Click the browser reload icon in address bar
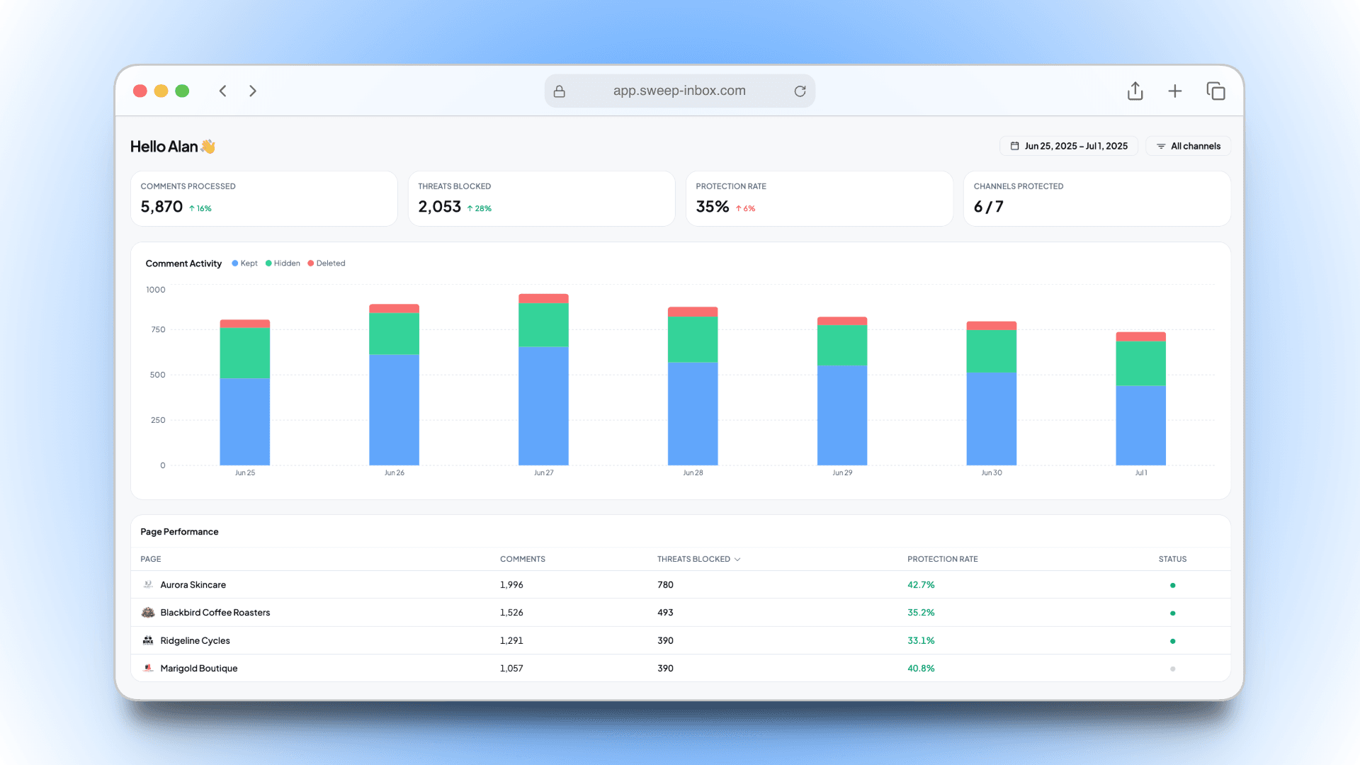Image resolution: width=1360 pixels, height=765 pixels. pyautogui.click(x=800, y=91)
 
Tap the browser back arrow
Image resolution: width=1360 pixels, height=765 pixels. pyautogui.click(x=222, y=91)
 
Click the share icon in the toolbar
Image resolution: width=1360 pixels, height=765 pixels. pyautogui.click(x=1135, y=91)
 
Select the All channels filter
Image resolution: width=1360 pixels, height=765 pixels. pyautogui.click(x=1188, y=146)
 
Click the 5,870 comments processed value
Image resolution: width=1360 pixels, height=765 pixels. pyautogui.click(x=161, y=207)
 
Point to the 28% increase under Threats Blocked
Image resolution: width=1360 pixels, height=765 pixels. pyautogui.click(x=480, y=208)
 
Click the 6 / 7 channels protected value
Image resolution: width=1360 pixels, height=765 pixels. pyautogui.click(x=988, y=207)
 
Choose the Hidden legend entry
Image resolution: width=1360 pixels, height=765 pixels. pyautogui.click(x=283, y=263)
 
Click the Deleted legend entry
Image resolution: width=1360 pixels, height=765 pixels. pyautogui.click(x=327, y=263)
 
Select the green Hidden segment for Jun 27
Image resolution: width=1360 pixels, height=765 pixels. pyautogui.click(x=543, y=324)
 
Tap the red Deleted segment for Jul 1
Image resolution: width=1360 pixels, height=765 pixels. pyautogui.click(x=1140, y=336)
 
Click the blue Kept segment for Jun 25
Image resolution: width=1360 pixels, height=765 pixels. pyautogui.click(x=244, y=421)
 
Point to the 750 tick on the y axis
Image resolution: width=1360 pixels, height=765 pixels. pyautogui.click(x=158, y=329)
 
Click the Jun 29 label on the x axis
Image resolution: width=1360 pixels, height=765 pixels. pyautogui.click(x=842, y=472)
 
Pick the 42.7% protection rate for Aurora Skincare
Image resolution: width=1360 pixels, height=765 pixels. pyautogui.click(x=921, y=585)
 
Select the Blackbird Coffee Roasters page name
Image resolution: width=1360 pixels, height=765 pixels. pyautogui.click(x=215, y=613)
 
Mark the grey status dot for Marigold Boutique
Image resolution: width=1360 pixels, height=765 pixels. pyautogui.click(x=1172, y=669)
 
